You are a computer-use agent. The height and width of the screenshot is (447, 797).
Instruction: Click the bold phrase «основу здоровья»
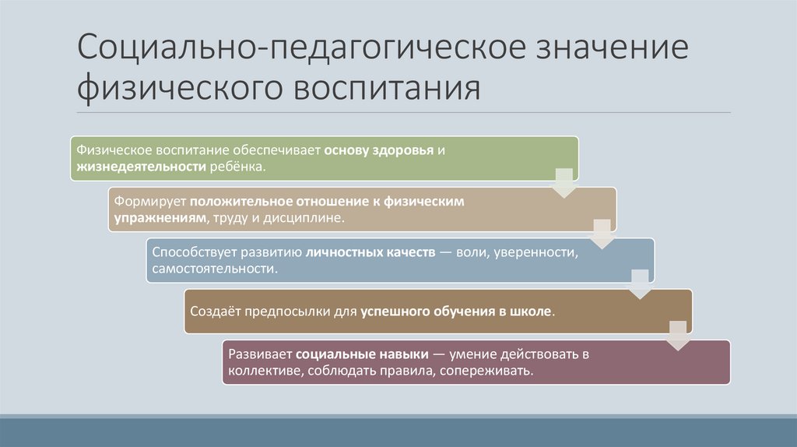tap(374, 150)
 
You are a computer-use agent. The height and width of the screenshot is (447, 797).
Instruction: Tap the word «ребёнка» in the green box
tap(237, 167)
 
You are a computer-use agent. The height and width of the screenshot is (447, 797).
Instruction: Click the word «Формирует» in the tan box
tap(149, 201)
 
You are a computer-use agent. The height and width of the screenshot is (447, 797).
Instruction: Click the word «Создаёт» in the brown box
tap(216, 311)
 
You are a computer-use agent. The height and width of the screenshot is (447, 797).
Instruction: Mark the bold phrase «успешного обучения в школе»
tap(457, 311)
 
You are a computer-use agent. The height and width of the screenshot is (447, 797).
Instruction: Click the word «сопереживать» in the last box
tap(485, 371)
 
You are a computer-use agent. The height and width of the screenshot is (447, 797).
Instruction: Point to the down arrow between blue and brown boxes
tap(638, 283)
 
